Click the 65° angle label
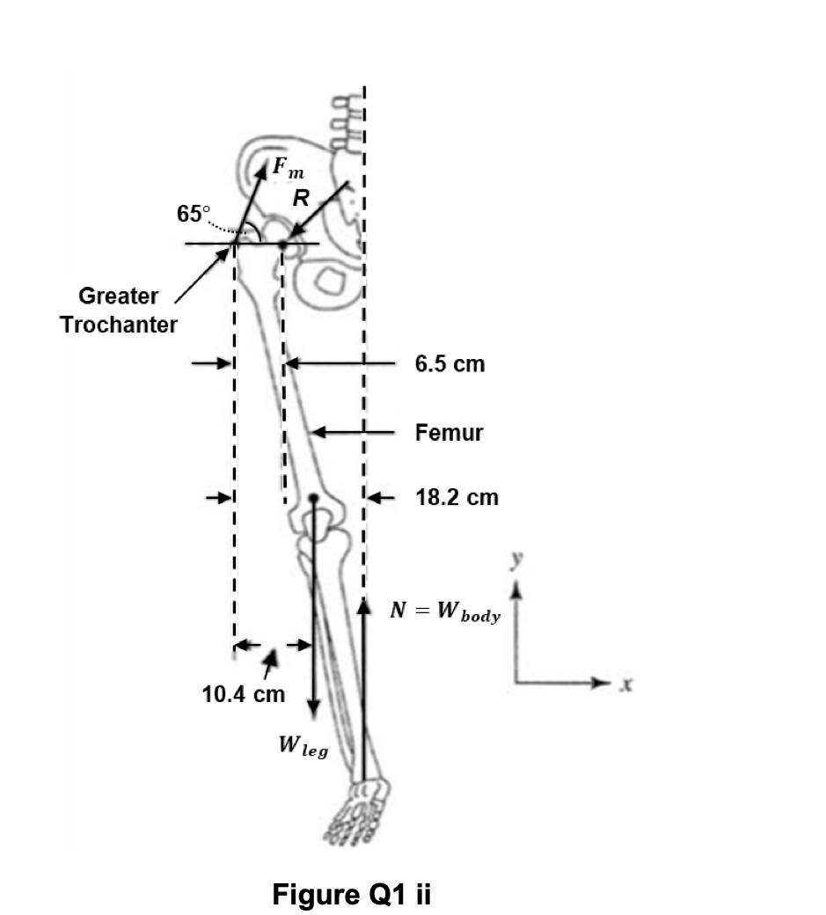[194, 213]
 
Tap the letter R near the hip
[301, 199]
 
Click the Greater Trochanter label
[119, 310]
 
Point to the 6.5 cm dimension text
[450, 363]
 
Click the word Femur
[449, 432]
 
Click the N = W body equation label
[445, 612]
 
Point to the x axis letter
[627, 683]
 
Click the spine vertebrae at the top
[346, 119]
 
